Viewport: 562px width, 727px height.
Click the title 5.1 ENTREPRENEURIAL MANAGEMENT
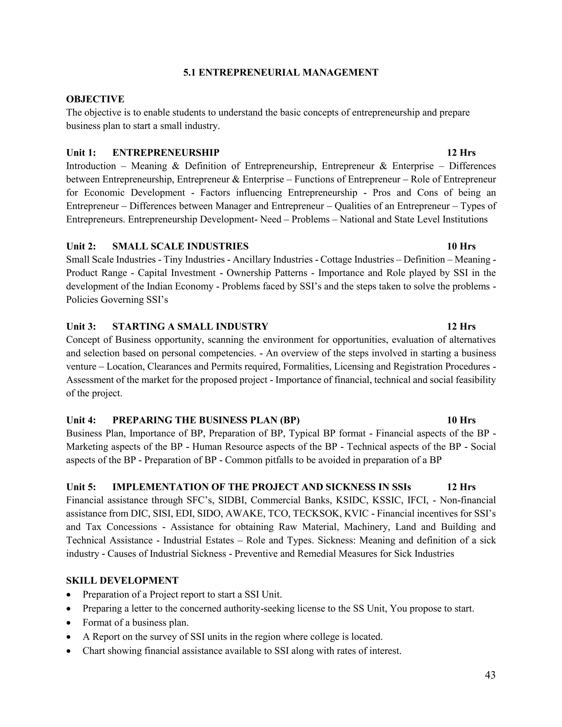point(281,73)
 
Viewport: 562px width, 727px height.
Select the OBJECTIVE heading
point(95,99)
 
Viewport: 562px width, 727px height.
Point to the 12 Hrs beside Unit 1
point(461,153)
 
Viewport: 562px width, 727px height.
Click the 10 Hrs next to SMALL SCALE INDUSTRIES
point(461,246)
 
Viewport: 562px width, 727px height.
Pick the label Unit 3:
point(81,327)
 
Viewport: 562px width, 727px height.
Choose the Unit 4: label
point(81,420)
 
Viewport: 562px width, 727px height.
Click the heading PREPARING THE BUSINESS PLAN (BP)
point(206,420)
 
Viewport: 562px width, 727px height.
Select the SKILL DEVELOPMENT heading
point(122,581)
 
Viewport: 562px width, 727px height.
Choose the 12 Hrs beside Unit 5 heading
point(461,487)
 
